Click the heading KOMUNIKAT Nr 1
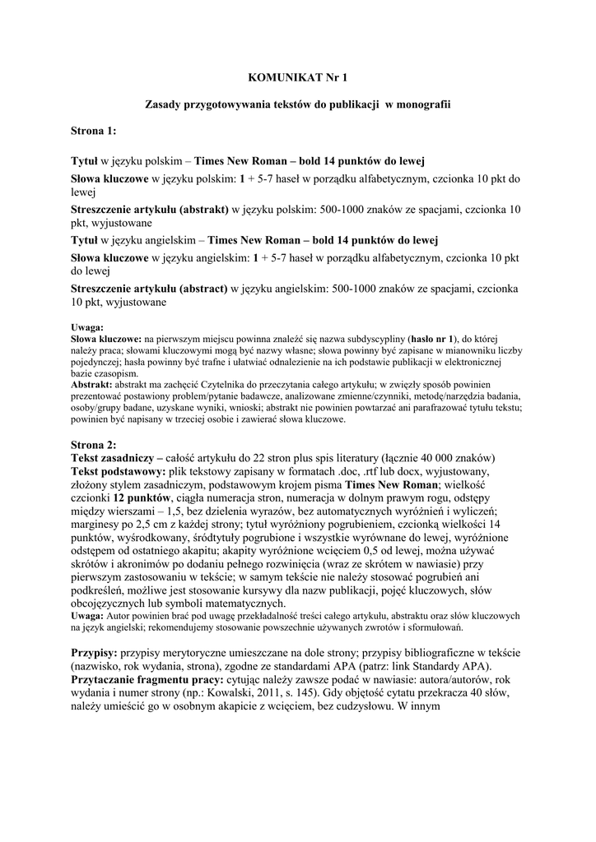[297, 77]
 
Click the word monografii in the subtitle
[425, 104]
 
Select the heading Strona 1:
[93, 131]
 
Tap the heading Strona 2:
[93, 445]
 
